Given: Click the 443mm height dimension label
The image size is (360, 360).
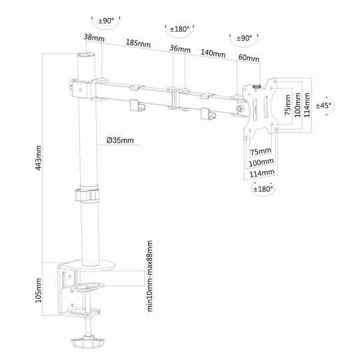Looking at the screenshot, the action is tap(39, 158).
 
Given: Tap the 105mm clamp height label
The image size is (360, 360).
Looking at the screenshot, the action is tap(39, 290).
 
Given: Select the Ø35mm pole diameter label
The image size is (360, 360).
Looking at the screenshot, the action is tap(120, 140).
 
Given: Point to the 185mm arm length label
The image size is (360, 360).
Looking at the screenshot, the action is tap(138, 43).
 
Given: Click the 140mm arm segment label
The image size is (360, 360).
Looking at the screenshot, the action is tap(213, 53).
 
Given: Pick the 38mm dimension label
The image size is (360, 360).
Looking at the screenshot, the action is tap(94, 37).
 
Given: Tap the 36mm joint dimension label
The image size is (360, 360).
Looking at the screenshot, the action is tap(180, 49).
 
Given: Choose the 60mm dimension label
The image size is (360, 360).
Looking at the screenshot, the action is tap(249, 57).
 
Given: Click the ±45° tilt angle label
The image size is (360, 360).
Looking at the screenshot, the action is tap(323, 105).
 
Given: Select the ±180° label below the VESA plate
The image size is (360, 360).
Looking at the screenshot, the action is tap(263, 189).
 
